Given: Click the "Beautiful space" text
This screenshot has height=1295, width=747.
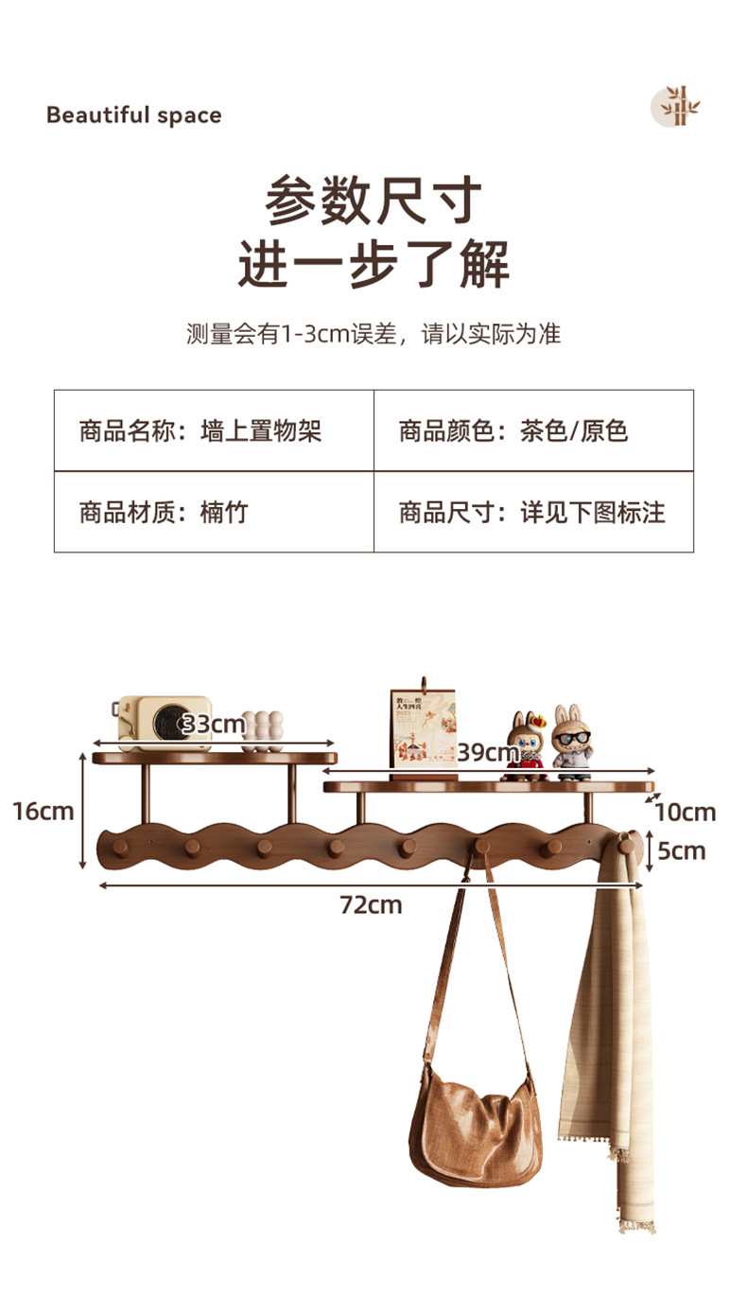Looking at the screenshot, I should pyautogui.click(x=133, y=115).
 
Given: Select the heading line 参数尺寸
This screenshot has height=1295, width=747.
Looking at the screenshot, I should pyautogui.click(x=373, y=201).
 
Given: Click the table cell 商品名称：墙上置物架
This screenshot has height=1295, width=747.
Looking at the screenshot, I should pyautogui.click(x=214, y=431).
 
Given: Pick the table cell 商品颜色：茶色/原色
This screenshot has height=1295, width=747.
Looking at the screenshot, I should pyautogui.click(x=533, y=431).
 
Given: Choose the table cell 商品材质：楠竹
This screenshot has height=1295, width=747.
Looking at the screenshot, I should pyautogui.click(x=214, y=513).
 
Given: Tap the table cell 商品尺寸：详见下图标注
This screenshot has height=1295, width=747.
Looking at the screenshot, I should pyautogui.click(x=533, y=513).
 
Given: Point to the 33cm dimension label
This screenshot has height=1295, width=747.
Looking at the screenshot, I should pyautogui.click(x=214, y=726).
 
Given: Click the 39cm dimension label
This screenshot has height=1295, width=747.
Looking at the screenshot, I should pyautogui.click(x=488, y=753).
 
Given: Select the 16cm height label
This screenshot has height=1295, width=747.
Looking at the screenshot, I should pyautogui.click(x=43, y=811).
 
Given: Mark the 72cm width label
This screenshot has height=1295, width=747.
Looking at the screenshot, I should pyautogui.click(x=371, y=905).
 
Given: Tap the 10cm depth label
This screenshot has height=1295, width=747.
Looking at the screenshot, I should pyautogui.click(x=685, y=812).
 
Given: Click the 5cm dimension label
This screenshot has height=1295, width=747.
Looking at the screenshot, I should pyautogui.click(x=682, y=850).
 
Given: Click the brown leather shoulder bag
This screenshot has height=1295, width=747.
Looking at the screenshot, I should pyautogui.click(x=476, y=1125).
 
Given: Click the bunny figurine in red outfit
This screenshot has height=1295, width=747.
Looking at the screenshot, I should pyautogui.click(x=525, y=745).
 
